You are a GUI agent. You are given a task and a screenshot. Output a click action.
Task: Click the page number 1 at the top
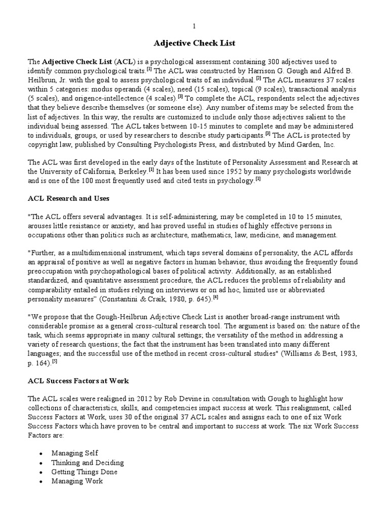(194, 26)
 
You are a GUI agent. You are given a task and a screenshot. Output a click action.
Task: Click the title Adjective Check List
(194, 43)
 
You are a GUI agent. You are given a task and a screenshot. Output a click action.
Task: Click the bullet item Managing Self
(74, 453)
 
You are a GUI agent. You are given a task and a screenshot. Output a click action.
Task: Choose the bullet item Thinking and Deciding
(87, 462)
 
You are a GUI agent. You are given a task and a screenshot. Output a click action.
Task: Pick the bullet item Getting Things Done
(84, 471)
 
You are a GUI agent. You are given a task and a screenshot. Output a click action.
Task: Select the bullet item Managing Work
(77, 481)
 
